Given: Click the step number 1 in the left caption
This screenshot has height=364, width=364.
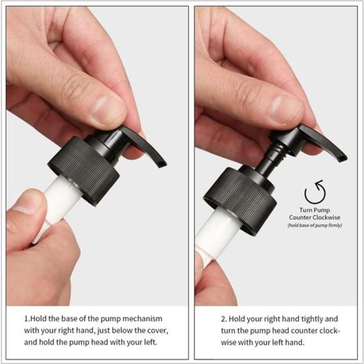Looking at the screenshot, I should point(26,319).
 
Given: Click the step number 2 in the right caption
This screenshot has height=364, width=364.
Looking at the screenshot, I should point(206,319).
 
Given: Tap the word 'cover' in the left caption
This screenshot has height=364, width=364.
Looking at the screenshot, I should point(153,330).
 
